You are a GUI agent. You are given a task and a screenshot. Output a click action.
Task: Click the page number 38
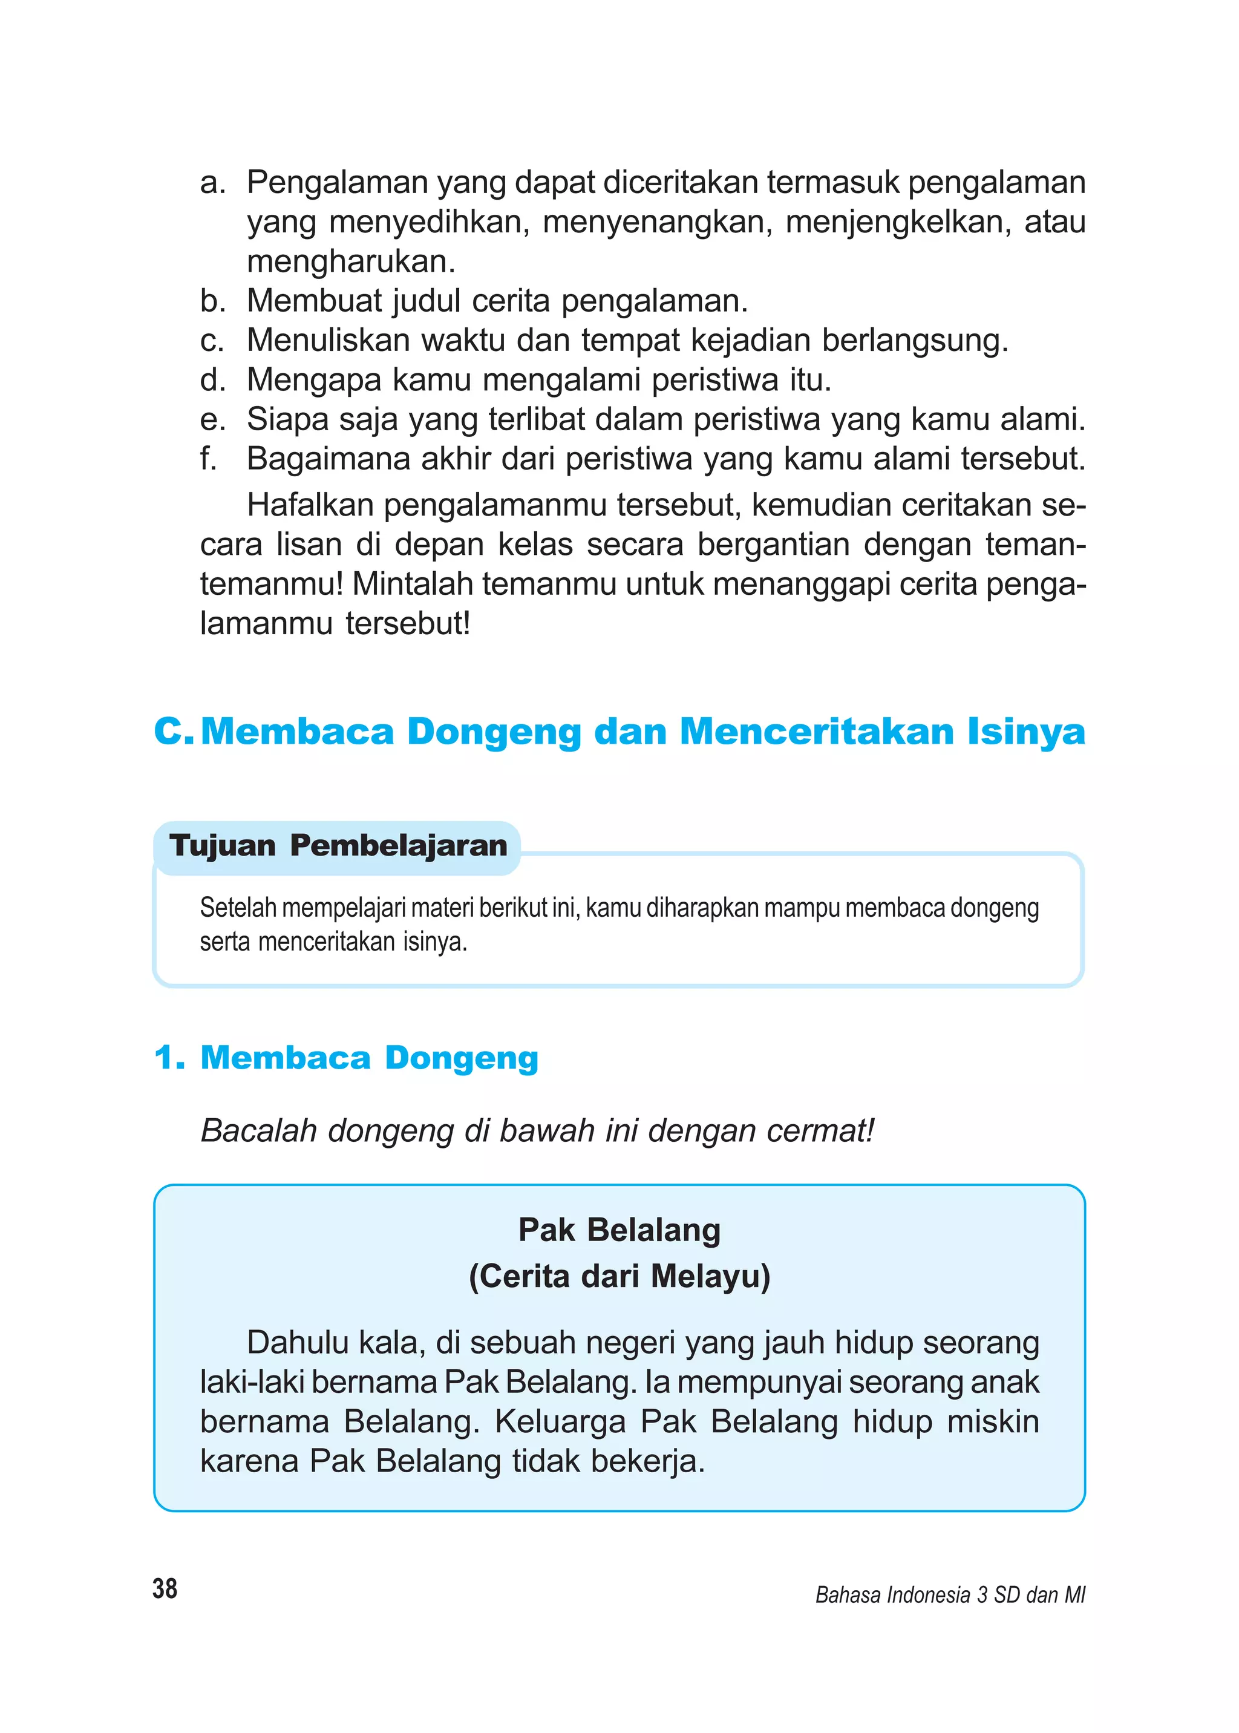click(x=165, y=1589)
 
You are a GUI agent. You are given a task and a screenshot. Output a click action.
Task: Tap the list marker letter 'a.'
click(x=213, y=183)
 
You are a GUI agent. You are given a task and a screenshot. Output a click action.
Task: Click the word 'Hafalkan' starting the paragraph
click(x=309, y=505)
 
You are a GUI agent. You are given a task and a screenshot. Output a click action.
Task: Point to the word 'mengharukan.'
click(x=351, y=262)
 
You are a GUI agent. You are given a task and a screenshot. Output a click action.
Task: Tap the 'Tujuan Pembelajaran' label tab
click(x=338, y=845)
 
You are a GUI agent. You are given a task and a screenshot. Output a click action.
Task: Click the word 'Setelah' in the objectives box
click(x=238, y=908)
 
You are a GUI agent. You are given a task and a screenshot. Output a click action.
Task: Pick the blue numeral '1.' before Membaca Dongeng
click(x=169, y=1058)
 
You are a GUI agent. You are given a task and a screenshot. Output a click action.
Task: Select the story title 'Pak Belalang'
click(x=619, y=1231)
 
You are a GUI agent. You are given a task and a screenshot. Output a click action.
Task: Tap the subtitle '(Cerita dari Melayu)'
click(x=619, y=1277)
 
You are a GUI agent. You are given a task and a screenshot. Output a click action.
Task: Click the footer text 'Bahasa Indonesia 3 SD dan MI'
click(x=950, y=1595)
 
